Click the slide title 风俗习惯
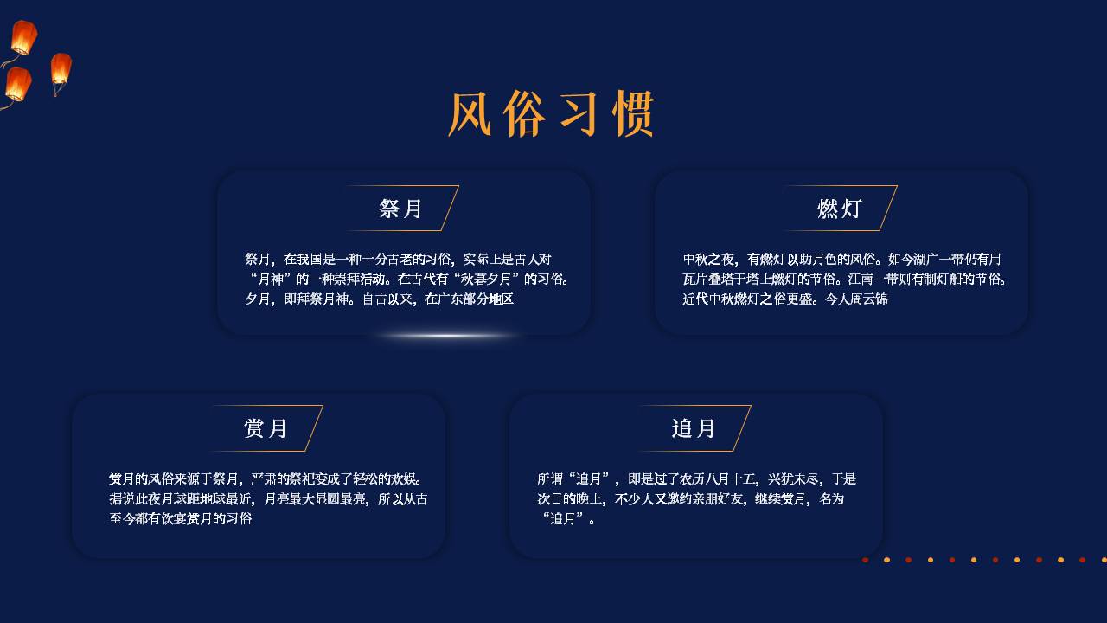(552, 113)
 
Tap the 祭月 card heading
(400, 209)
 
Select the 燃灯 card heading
(839, 209)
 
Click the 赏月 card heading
(266, 428)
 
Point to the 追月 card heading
(694, 428)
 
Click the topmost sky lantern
(23, 37)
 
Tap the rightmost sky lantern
(61, 68)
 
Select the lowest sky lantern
(18, 85)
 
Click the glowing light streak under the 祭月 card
(447, 336)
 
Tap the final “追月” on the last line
(563, 518)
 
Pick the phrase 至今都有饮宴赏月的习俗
(181, 518)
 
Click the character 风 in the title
(470, 113)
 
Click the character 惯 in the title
(634, 113)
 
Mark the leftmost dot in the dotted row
(866, 560)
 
